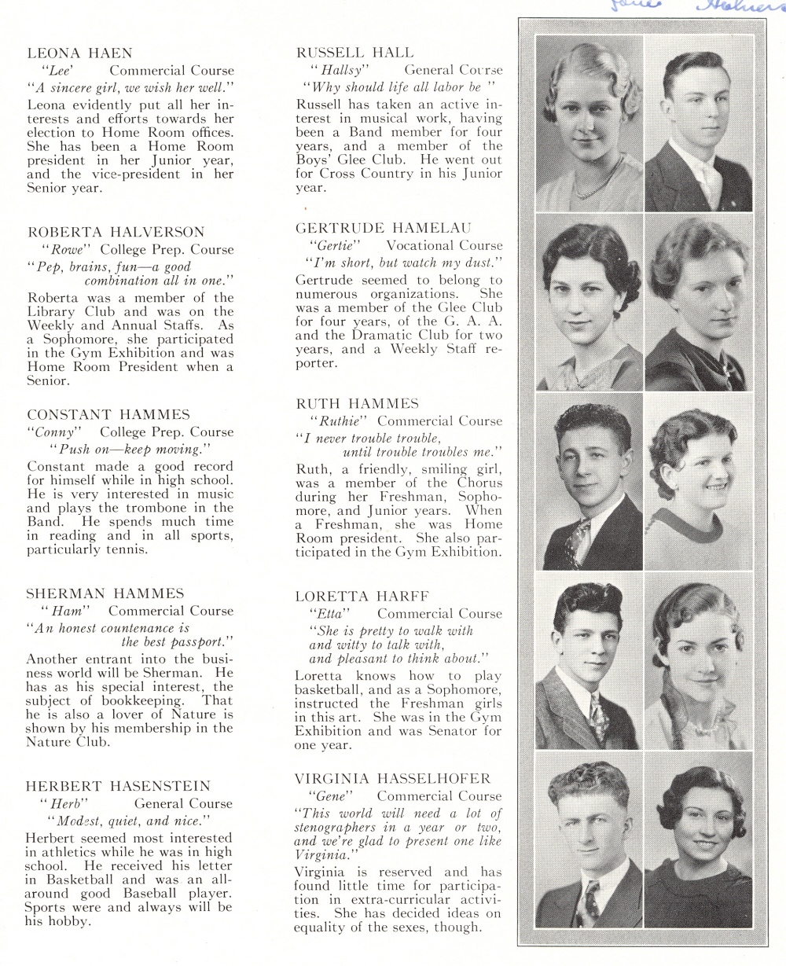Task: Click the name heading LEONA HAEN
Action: tap(79, 53)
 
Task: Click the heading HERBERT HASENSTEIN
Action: tap(119, 786)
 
